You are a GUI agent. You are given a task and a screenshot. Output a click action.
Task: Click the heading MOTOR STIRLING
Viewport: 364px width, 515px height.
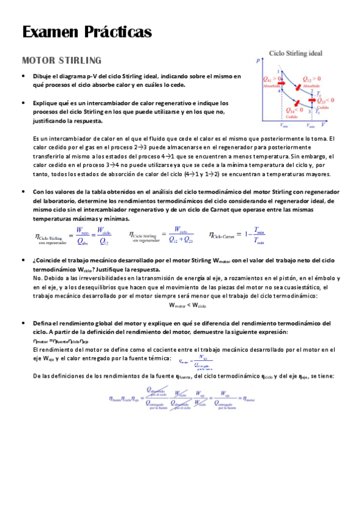(x=61, y=61)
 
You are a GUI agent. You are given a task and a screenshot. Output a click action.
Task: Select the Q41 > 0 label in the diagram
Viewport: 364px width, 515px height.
(x=271, y=79)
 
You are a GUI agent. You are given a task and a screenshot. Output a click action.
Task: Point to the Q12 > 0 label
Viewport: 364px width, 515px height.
(x=314, y=80)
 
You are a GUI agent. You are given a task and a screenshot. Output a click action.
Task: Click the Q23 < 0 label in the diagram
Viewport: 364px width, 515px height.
(x=325, y=100)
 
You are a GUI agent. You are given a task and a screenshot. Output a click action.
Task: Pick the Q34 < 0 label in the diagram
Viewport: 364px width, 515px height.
(x=295, y=110)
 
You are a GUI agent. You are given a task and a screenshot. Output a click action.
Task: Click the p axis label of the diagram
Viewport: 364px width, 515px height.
(x=258, y=61)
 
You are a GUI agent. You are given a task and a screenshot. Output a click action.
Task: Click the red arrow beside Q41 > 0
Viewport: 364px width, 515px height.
(x=281, y=83)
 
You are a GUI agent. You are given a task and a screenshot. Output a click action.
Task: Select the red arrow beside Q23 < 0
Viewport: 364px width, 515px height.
(x=312, y=100)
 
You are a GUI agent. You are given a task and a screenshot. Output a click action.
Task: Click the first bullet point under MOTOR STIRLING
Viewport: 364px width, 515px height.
(x=22, y=77)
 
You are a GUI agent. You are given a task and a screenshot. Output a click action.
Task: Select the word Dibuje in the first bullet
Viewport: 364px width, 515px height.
(x=43, y=77)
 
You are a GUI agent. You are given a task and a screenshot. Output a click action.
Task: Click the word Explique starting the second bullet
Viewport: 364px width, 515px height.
(x=44, y=103)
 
